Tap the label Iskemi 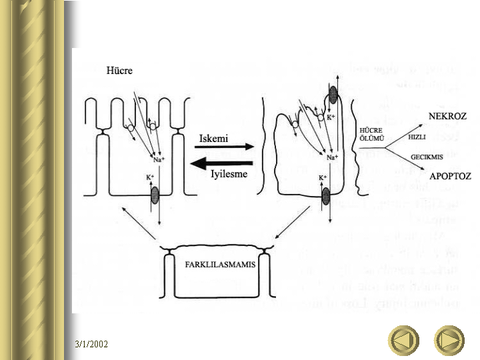pos(214,138)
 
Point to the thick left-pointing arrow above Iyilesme pos(217,162)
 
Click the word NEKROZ pos(447,115)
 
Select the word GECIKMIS pos(427,157)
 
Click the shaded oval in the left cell pos(156,195)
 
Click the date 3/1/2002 pos(91,344)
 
